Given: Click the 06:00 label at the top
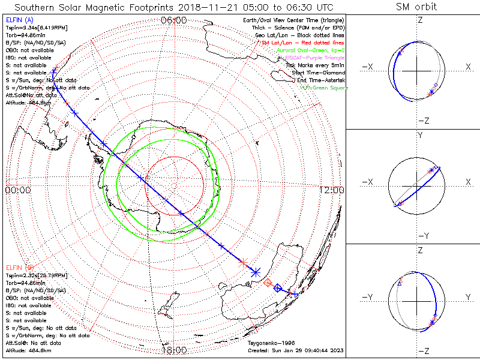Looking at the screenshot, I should [174, 20].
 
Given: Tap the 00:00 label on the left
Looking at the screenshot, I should [17, 190].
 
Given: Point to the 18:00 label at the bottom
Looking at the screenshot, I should [174, 350].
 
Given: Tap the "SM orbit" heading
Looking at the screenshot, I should [416, 7].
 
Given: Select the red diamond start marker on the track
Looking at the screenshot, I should [268, 282].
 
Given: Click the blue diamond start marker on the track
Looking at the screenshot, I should [277, 288].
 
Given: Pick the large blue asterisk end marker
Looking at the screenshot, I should [256, 272].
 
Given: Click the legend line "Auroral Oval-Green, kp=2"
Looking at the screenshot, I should [310, 51].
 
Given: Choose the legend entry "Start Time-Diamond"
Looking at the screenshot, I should [317, 73].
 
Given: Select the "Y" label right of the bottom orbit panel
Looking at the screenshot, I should [467, 297].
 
